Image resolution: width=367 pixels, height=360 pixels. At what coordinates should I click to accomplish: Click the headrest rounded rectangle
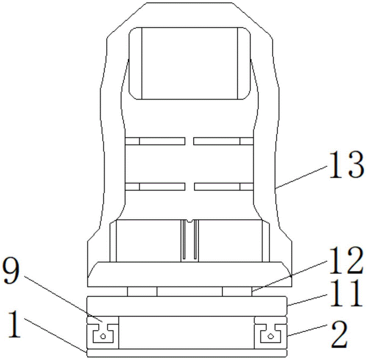click(x=190, y=63)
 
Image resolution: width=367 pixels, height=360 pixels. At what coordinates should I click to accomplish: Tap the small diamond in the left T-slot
click(x=103, y=337)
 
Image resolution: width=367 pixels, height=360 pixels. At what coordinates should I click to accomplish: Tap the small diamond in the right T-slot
click(x=270, y=336)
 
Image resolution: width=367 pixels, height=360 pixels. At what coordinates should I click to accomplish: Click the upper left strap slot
click(x=155, y=141)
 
